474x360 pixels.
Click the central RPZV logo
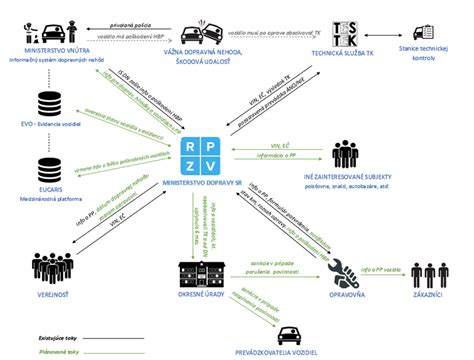click(x=204, y=155)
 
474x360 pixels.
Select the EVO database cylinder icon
click(x=48, y=103)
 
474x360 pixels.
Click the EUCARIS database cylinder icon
click(x=48, y=166)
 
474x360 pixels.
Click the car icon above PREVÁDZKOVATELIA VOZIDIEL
click(x=290, y=334)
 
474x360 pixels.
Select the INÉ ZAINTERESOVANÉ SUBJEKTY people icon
click(x=346, y=153)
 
